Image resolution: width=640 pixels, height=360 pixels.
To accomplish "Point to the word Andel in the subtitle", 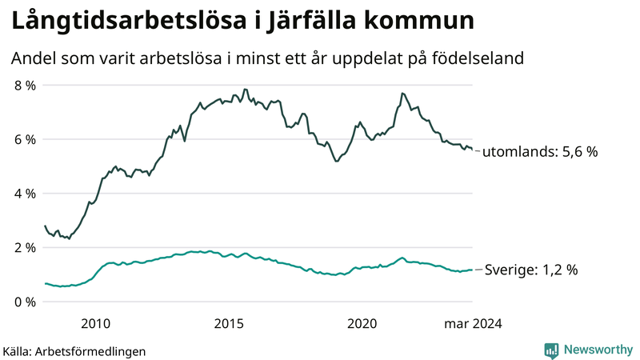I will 32,59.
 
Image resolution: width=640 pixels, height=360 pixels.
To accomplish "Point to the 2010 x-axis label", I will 96,323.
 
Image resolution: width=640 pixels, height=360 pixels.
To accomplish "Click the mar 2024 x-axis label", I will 473,323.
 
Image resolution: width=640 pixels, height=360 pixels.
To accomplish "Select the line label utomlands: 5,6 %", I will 541,152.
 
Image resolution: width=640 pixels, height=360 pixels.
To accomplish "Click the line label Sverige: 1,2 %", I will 532,270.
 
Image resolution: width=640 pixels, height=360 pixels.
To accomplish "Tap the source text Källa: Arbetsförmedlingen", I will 74,350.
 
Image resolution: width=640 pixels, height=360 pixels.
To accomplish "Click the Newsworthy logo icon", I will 551,350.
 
